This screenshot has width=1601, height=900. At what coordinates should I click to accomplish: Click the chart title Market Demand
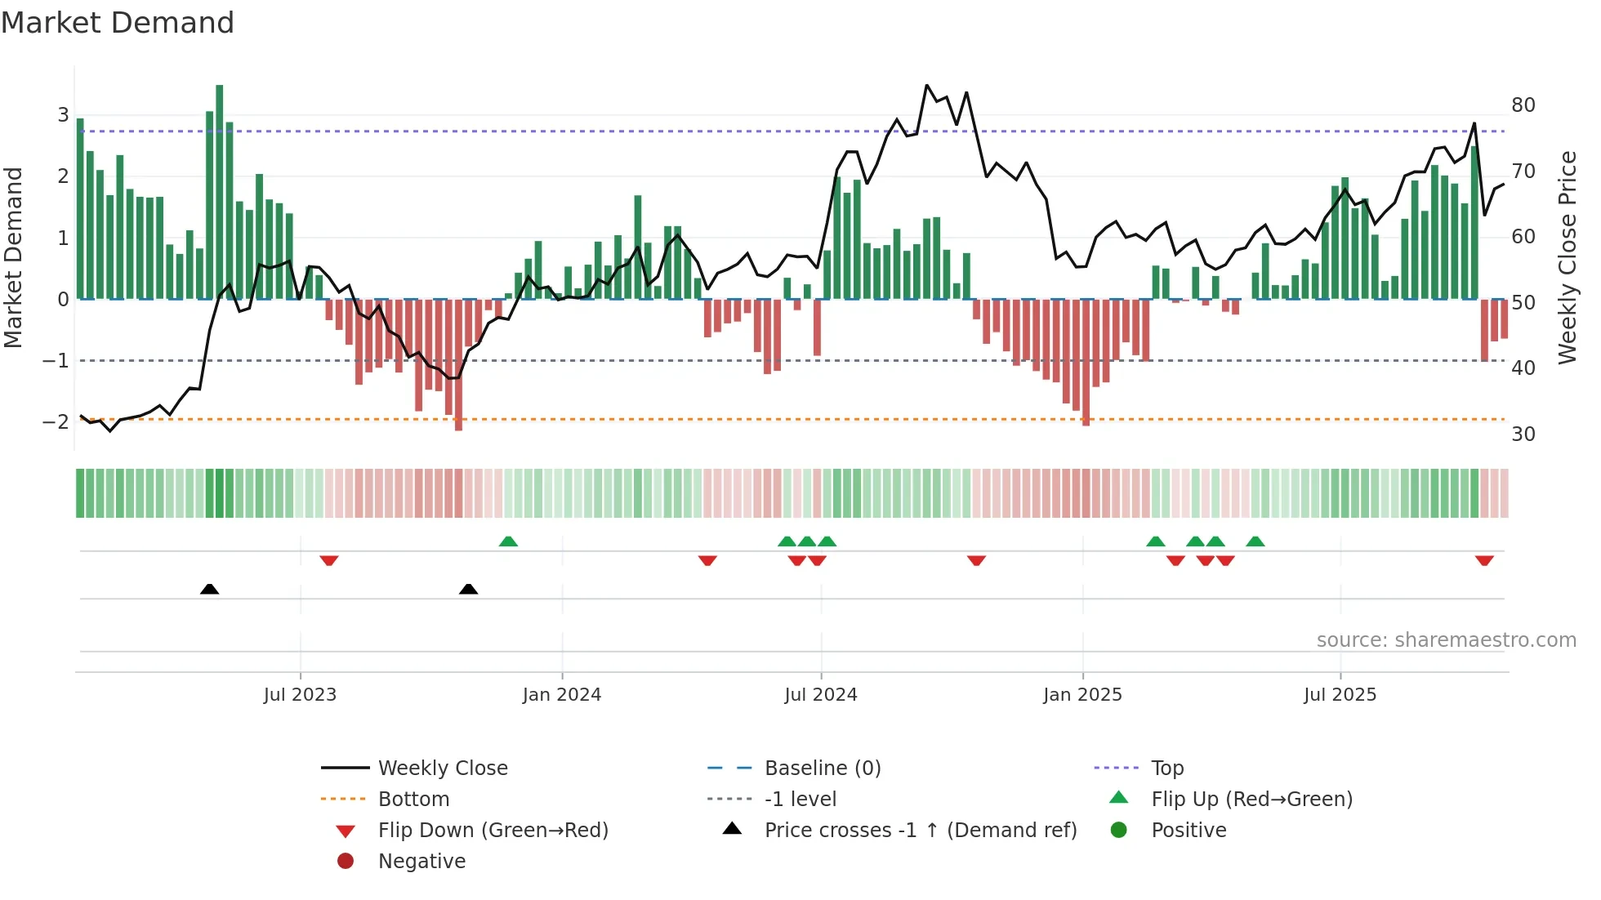pos(118,23)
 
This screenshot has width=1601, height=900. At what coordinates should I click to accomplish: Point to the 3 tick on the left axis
pos(63,115)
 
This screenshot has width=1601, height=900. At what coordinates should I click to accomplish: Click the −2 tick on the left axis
pos(56,422)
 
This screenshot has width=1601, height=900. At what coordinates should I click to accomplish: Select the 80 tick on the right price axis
pos(1523,105)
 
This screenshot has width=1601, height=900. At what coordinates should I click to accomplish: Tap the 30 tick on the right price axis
pos(1523,434)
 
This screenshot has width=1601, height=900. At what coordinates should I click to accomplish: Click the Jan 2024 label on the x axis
pos(562,695)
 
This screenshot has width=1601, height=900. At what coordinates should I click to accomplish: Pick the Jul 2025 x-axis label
pos(1340,695)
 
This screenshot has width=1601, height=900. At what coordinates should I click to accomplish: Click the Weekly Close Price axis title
pos(1567,257)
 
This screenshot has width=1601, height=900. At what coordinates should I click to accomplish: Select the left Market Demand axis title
pos(14,257)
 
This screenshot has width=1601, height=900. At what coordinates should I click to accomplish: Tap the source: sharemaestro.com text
pos(1446,640)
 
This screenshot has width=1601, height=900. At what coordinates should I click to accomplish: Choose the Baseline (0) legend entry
pos(823,769)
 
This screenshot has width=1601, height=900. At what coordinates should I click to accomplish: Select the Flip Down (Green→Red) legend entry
pos(493,831)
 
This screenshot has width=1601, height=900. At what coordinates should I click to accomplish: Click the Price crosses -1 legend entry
pos(921,831)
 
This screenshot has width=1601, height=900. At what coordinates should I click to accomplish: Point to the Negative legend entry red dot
pos(346,862)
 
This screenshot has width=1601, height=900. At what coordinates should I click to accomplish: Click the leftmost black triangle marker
pos(209,589)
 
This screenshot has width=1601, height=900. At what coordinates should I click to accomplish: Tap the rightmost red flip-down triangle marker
pos(1484,560)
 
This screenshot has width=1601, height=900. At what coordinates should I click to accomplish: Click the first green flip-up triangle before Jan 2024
pos(508,541)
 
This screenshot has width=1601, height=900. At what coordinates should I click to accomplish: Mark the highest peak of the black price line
pos(926,85)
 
